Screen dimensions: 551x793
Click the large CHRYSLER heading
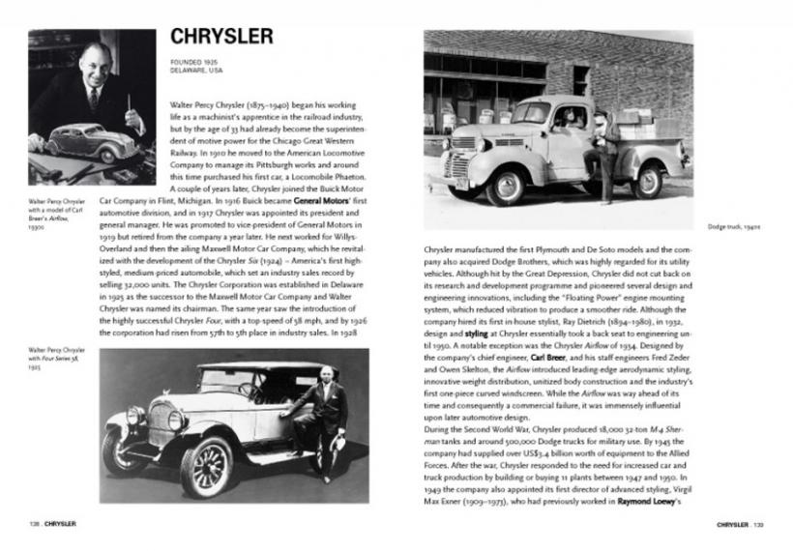pyautogui.click(x=221, y=37)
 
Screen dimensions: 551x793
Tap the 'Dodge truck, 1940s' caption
pyautogui.click(x=713, y=225)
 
